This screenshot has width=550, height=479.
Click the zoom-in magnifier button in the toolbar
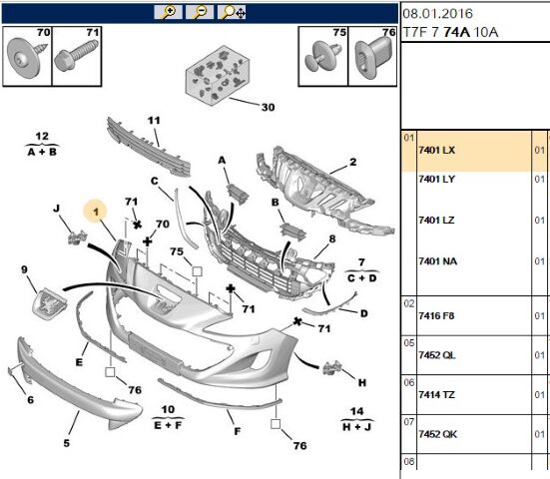168,12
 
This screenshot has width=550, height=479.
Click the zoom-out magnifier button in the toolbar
200,12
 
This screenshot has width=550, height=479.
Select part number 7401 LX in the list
436,150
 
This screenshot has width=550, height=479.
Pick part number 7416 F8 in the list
436,316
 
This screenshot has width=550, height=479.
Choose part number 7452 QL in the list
437,355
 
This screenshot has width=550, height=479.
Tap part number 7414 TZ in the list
436,395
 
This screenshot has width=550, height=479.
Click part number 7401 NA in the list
438,261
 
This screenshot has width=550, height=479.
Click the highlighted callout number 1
96,212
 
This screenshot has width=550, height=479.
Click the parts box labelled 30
218,76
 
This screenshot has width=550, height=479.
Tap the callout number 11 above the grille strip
154,121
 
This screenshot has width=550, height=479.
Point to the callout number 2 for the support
353,162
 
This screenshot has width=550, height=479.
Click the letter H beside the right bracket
362,382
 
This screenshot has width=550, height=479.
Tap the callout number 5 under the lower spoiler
66,443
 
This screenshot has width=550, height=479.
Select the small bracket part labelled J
77,238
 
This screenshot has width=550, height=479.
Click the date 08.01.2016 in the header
437,14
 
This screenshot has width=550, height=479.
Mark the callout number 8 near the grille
332,239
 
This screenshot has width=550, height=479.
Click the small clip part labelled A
238,194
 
